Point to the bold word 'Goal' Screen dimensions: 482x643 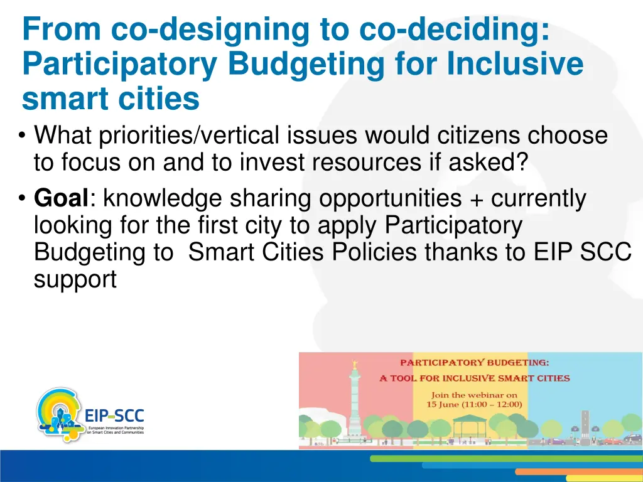62,198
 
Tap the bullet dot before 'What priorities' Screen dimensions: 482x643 23,136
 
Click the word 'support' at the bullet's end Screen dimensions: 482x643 75,279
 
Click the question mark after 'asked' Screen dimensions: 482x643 521,163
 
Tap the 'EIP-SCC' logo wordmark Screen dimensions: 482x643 114,415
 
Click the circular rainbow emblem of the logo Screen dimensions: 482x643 58,414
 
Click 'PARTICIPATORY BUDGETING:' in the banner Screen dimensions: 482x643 474,362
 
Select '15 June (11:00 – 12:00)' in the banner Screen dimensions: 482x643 474,404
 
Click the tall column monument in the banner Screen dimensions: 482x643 354,395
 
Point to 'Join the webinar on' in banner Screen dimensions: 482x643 474,395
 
